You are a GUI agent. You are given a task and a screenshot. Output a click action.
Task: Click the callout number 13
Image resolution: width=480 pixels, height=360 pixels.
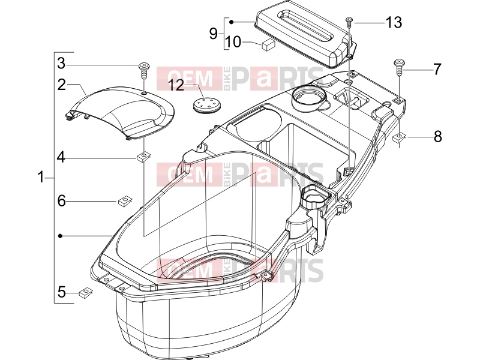[394, 23]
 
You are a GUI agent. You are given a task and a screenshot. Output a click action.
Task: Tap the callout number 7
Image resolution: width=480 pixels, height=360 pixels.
[437, 70]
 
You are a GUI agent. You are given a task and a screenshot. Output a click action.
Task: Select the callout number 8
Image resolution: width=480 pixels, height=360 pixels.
[438, 136]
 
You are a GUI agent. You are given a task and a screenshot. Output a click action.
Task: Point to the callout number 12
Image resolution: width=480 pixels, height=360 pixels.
[176, 85]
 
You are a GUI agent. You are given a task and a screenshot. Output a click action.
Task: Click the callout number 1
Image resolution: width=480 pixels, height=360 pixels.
[41, 177]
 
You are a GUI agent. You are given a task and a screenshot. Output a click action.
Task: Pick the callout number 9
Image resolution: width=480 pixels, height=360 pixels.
[214, 33]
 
